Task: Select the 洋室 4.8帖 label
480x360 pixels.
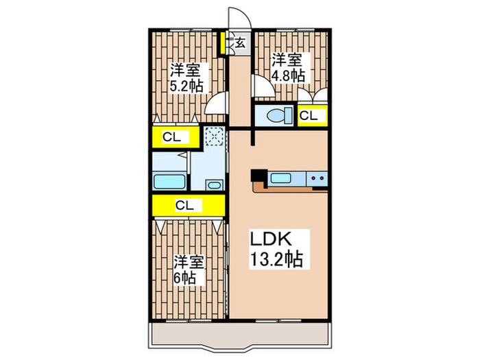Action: (x=287, y=68)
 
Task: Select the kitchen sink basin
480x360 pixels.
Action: (x=282, y=178)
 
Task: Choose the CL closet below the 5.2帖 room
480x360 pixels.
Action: (x=171, y=137)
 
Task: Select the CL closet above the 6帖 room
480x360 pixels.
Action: (x=184, y=204)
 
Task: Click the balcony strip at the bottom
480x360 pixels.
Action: (x=240, y=334)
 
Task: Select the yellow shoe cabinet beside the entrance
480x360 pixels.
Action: (x=224, y=44)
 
